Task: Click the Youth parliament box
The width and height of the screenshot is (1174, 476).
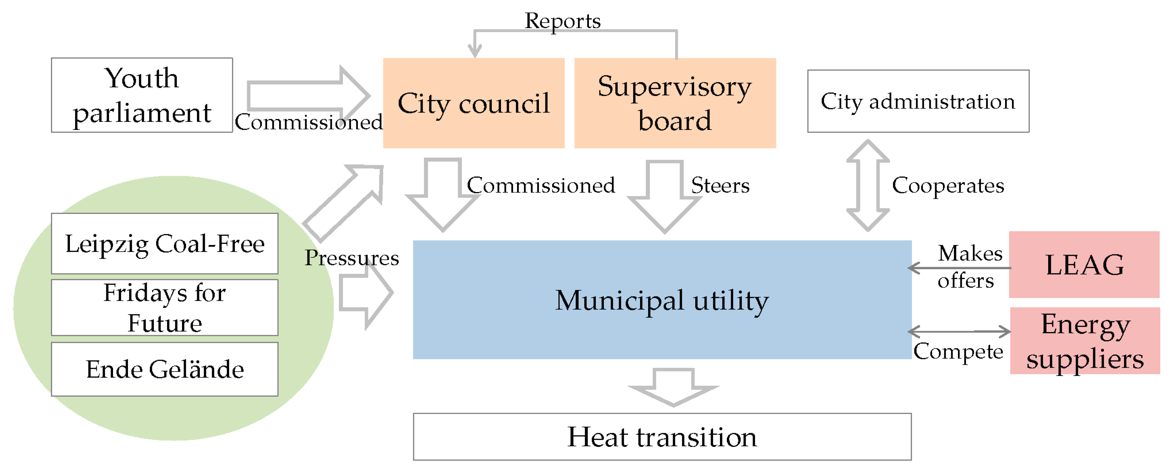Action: [x=142, y=95]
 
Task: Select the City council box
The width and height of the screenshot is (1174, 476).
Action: [x=474, y=103]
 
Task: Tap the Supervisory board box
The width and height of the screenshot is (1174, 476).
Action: [x=675, y=103]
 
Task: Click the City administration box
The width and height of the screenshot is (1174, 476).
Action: [x=918, y=101]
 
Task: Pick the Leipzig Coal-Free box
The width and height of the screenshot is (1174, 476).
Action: [x=165, y=244]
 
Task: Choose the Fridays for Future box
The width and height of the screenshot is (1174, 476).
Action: [x=165, y=308]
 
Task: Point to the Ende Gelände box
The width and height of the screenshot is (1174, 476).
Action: [x=165, y=369]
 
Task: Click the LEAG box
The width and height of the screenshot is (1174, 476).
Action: [x=1084, y=265]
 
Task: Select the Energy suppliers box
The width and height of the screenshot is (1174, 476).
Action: [x=1085, y=341]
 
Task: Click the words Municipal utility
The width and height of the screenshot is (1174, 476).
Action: [x=662, y=301]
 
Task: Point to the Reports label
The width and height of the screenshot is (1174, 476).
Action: [x=562, y=21]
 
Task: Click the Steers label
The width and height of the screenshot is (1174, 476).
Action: [x=720, y=186]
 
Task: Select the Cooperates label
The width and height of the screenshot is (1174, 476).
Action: [x=948, y=186]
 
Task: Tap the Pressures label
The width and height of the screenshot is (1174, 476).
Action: [x=351, y=258]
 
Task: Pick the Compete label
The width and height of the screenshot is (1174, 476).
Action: [x=958, y=351]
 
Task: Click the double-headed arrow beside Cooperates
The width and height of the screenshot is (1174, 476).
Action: [x=868, y=186]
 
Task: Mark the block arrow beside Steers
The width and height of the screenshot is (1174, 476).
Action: [x=664, y=196]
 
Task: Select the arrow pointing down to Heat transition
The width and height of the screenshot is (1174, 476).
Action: [x=673, y=388]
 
